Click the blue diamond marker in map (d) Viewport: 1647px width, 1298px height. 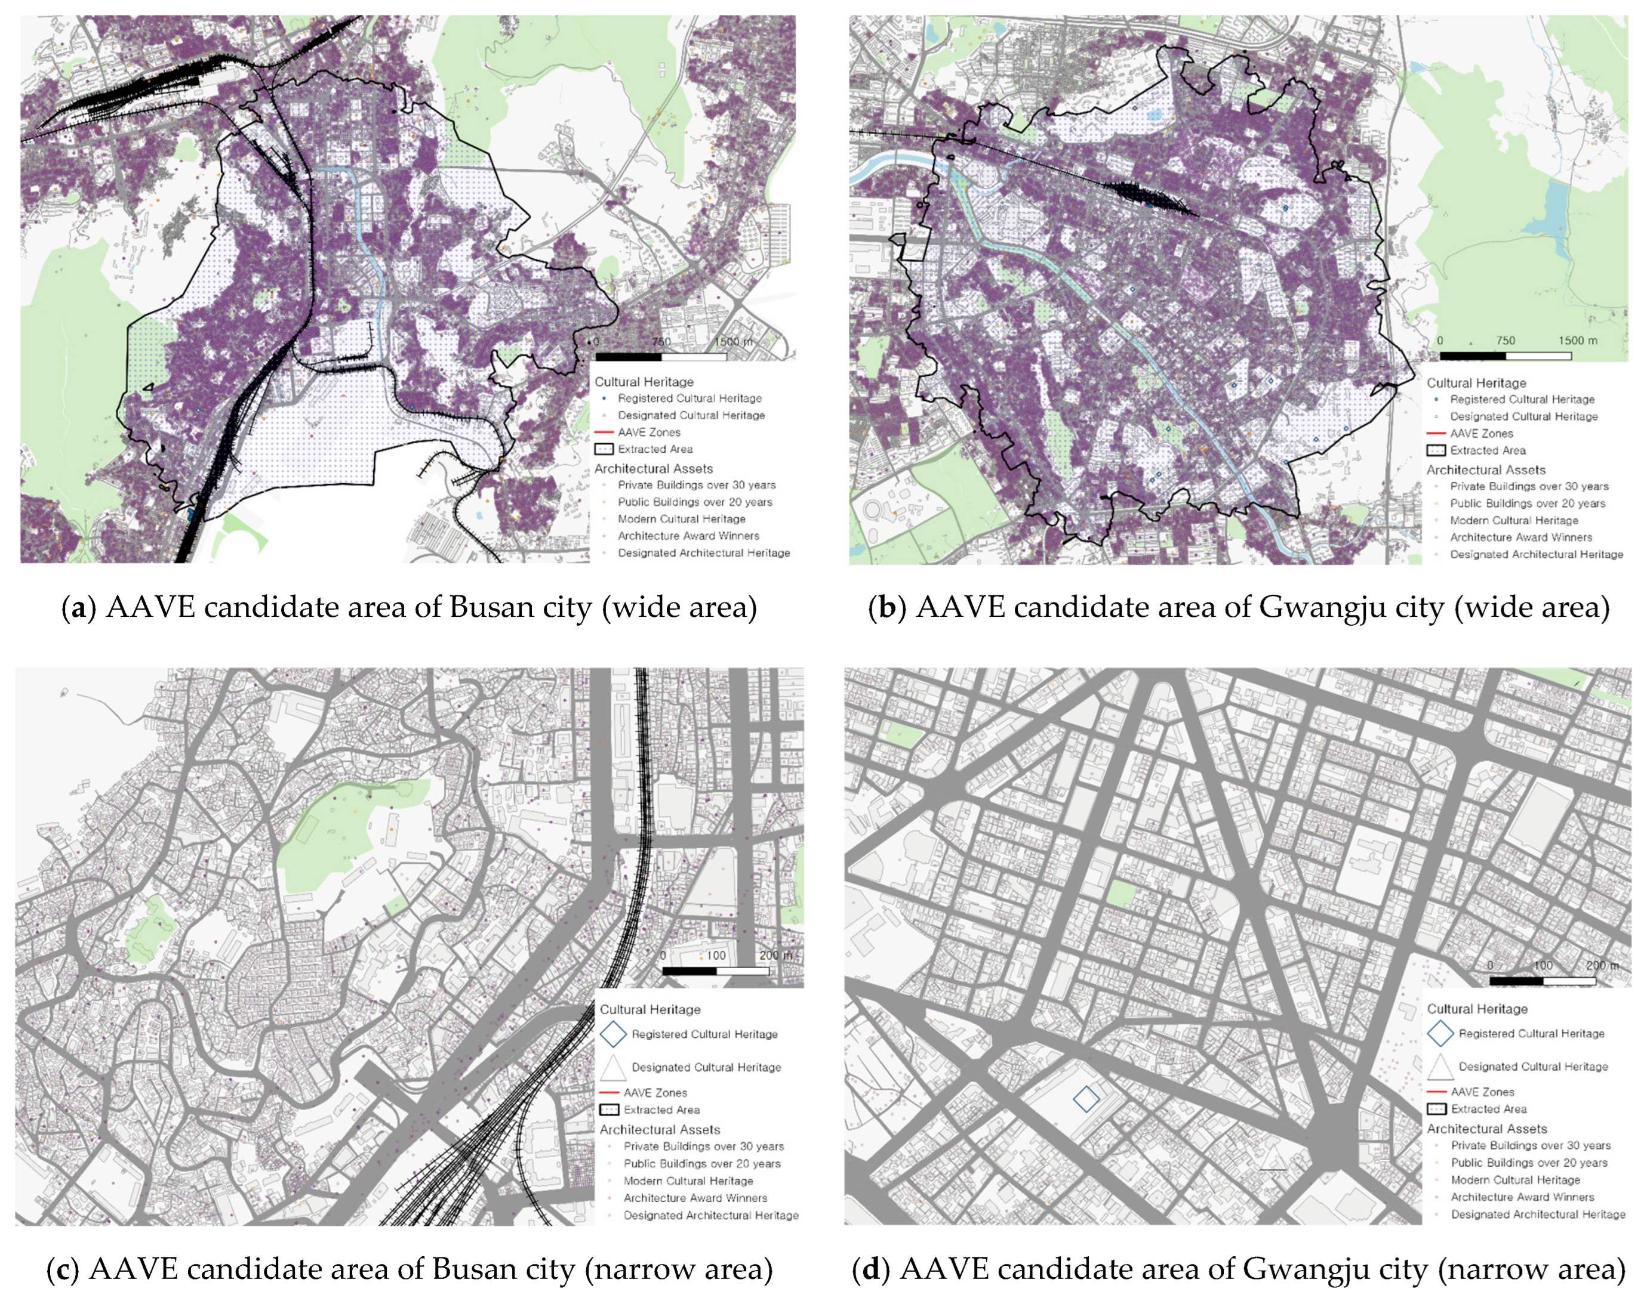point(1086,1099)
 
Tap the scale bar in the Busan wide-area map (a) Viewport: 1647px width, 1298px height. point(660,357)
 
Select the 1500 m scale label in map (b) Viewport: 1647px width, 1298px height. point(1578,341)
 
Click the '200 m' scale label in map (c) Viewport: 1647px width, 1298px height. point(775,955)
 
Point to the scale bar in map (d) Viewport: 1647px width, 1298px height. point(1542,981)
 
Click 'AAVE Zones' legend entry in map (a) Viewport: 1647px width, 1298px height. point(649,432)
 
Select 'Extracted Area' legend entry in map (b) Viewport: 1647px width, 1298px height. point(1488,450)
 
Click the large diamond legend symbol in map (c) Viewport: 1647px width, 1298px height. point(613,1034)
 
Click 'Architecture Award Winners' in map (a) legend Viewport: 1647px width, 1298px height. point(688,536)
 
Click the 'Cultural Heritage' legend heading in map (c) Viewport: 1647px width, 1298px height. point(650,1009)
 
